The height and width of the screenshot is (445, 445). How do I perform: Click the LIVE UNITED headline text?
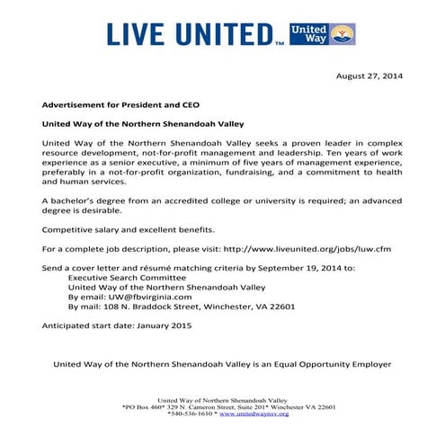point(194,34)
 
